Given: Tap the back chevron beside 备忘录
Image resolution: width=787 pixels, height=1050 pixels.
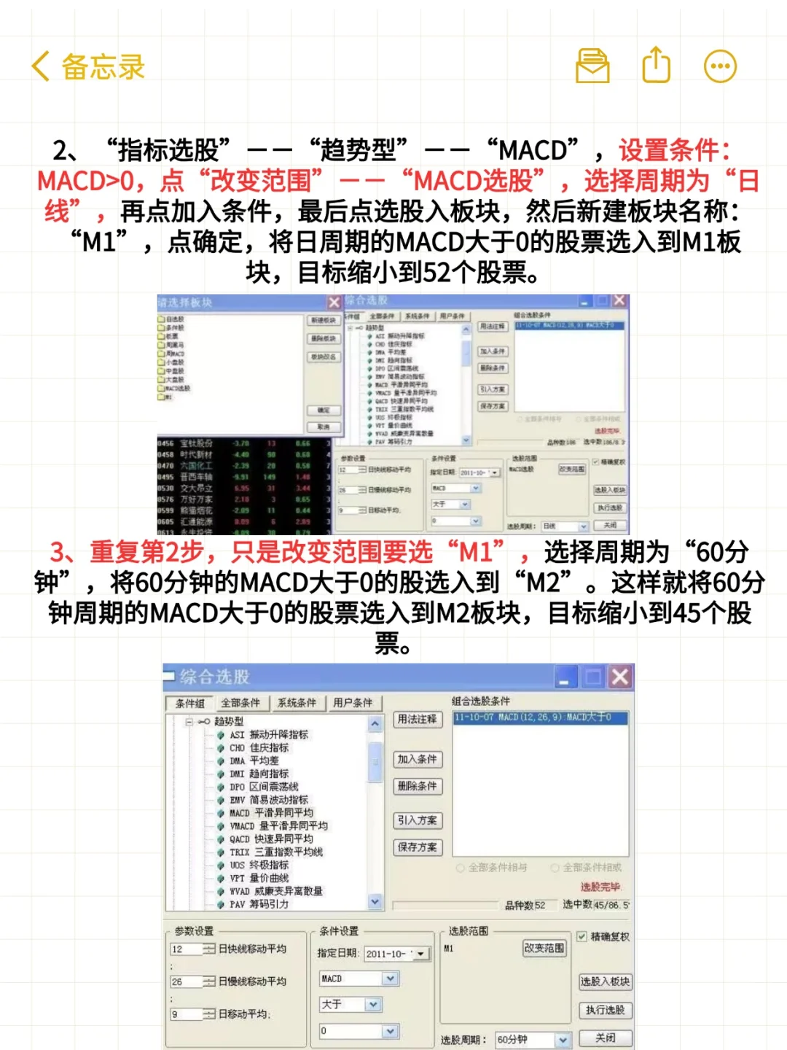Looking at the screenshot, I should point(41,66).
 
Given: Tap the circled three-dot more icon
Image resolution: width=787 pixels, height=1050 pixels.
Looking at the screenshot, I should point(720,66).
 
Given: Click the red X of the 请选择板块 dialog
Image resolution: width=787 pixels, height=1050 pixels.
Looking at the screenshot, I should point(334,302).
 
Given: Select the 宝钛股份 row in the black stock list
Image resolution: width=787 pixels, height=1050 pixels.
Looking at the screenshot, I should point(197,443).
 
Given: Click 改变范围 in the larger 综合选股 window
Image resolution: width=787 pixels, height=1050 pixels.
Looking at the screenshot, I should point(544,948).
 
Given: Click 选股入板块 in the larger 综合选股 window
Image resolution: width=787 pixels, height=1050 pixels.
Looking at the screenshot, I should point(605,981).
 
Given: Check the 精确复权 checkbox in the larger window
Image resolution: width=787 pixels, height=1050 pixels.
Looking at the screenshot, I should point(582,936).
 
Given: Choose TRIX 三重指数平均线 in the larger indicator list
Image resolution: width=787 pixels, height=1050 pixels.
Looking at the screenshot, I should point(276,852).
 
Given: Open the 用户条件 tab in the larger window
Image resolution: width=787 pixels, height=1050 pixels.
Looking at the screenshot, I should point(353,703).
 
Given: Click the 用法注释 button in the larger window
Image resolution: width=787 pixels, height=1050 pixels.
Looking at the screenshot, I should point(417,719).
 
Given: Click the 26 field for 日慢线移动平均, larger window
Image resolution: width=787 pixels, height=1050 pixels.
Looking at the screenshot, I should point(187,981).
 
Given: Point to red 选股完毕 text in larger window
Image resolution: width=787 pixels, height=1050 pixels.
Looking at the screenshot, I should point(600,887).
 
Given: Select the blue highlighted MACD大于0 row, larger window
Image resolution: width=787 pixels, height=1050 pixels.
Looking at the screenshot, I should point(539,717).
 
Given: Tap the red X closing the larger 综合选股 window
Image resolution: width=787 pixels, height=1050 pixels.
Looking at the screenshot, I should point(620,677).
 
